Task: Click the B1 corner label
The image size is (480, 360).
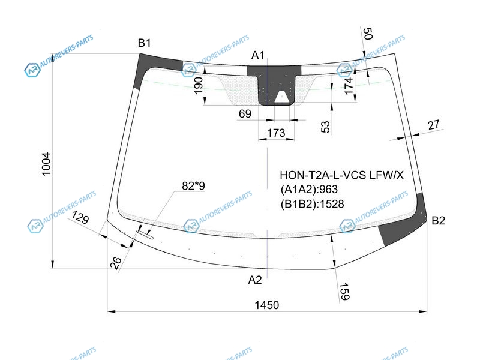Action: [x=144, y=43]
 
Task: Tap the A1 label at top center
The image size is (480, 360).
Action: [x=258, y=56]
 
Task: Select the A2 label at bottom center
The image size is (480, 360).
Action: [x=256, y=280]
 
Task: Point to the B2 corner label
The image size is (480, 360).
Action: [x=439, y=221]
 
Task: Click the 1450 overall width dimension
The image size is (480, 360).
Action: [x=266, y=305]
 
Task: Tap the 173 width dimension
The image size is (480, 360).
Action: [x=275, y=133]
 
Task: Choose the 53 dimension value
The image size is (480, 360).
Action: [x=325, y=126]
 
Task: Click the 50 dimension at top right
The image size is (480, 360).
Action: [x=368, y=34]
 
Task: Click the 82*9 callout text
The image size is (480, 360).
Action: [x=193, y=187]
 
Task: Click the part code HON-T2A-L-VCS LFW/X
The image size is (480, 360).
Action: [x=343, y=176]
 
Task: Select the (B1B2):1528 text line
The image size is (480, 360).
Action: [x=312, y=204]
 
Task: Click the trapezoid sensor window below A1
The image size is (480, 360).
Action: [x=281, y=97]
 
